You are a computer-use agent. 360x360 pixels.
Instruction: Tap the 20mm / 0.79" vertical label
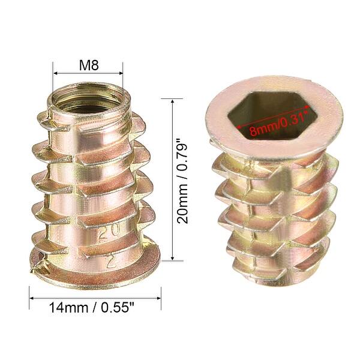pos(183,179)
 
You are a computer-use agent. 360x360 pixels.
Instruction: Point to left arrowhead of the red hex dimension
pos(238,128)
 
